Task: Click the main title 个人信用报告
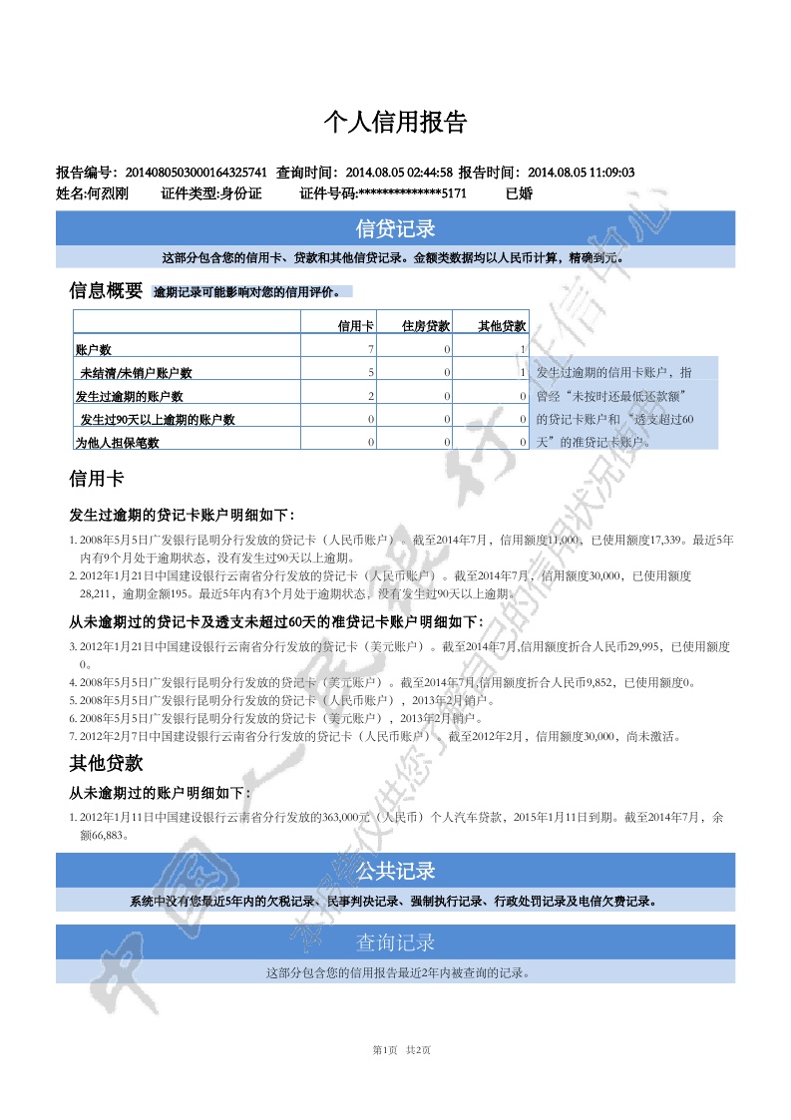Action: point(395,123)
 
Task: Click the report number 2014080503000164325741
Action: point(196,173)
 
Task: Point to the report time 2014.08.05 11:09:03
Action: point(581,173)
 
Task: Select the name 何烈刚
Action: point(107,193)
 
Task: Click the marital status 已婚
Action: point(520,193)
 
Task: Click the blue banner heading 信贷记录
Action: point(395,228)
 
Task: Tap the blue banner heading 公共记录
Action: point(395,871)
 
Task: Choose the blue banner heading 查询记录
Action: point(395,941)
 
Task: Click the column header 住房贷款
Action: point(426,325)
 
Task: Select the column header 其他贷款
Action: point(502,325)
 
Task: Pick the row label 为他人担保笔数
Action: point(118,443)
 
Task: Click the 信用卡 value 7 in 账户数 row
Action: point(371,349)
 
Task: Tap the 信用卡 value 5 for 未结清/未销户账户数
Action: point(371,372)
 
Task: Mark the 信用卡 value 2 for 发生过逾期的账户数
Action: point(371,396)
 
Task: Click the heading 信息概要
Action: point(106,291)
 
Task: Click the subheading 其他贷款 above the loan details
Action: point(106,764)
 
